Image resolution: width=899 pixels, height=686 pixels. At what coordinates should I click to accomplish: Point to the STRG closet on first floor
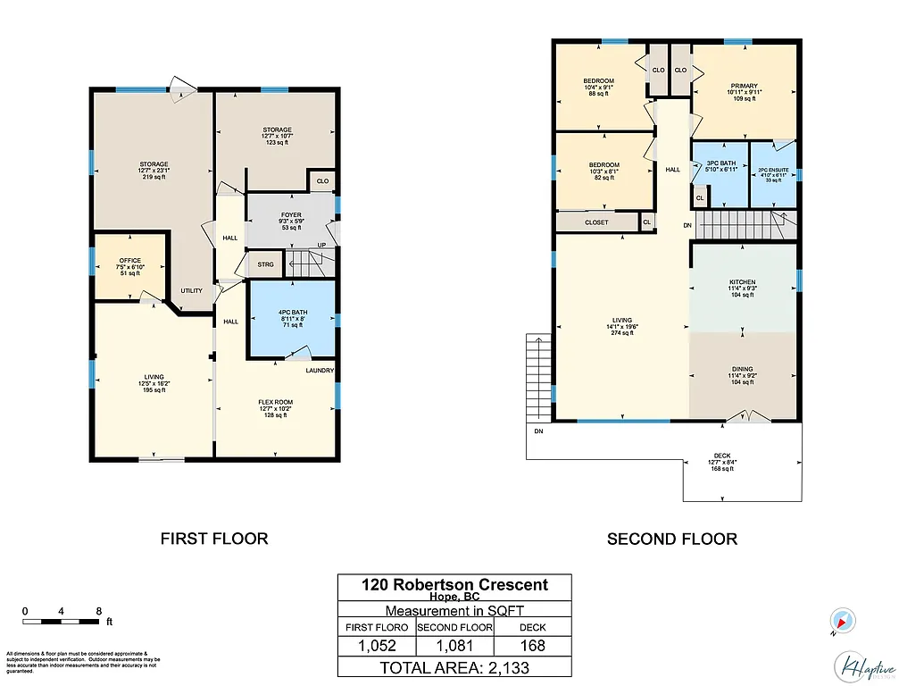pos(265,264)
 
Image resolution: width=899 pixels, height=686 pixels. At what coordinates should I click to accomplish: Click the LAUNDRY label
pos(320,371)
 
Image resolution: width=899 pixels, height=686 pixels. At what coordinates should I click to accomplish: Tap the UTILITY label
pos(191,291)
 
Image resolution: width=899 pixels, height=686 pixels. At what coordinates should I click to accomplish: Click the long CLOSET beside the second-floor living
pos(597,222)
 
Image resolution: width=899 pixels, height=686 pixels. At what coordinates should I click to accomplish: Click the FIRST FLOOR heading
pos(214,539)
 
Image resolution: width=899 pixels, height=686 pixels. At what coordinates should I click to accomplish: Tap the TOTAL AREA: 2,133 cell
pos(454,666)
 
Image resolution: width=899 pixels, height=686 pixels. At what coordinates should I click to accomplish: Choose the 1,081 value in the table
pos(454,645)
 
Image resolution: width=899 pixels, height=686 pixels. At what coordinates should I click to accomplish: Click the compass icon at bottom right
pos(842,619)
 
